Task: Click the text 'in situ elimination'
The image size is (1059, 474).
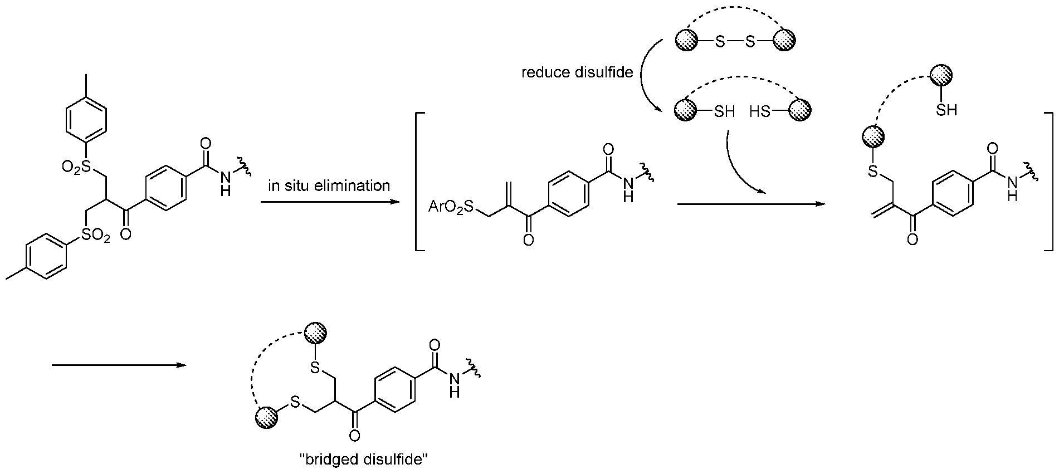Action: tap(329, 185)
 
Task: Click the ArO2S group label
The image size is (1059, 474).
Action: tap(450, 208)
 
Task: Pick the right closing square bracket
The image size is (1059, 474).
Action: tap(1048, 182)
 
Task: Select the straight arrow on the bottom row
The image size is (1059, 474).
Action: tap(119, 365)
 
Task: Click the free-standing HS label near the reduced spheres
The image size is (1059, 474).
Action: tap(760, 111)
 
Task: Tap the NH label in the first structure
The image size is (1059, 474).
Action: tap(226, 183)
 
